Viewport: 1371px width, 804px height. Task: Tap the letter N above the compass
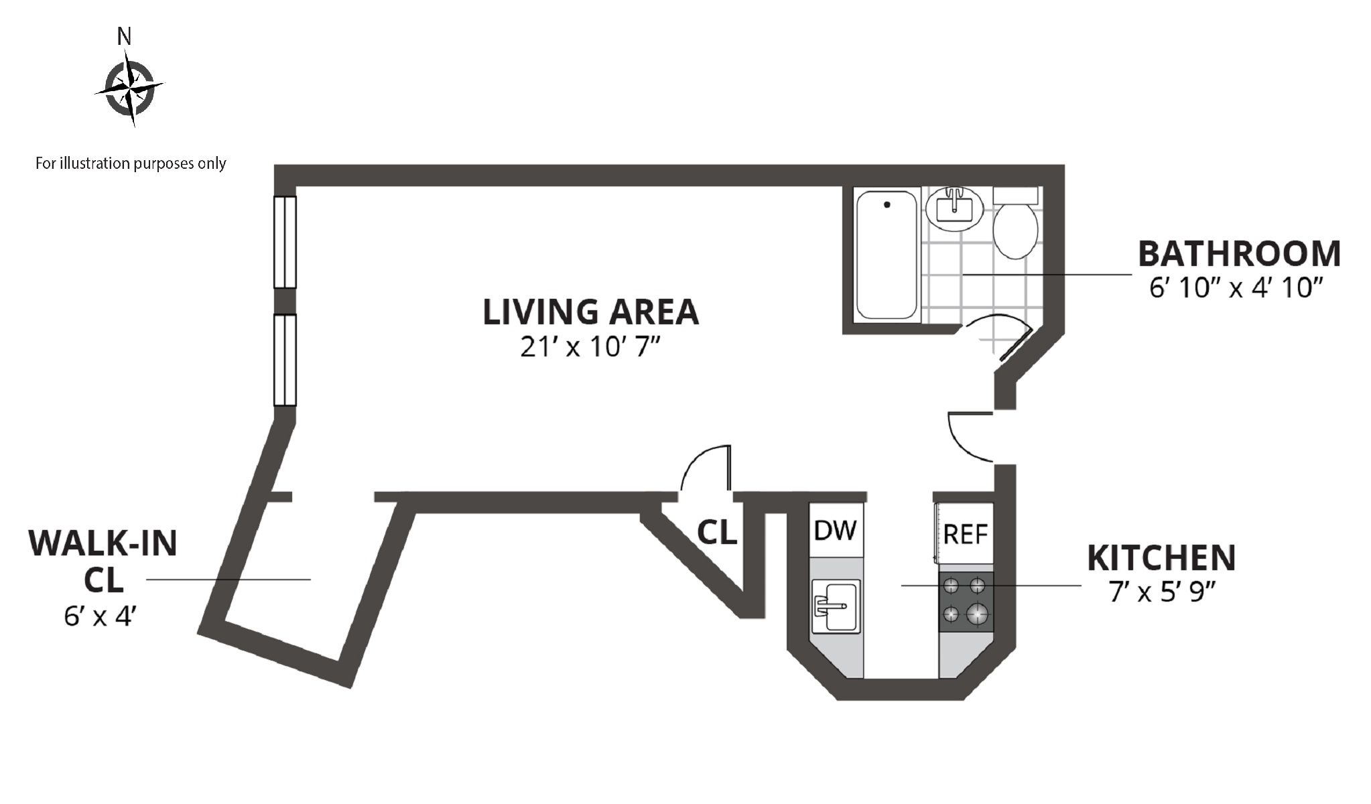(x=124, y=37)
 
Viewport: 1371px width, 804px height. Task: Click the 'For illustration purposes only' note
(x=131, y=163)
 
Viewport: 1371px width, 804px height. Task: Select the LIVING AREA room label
(x=591, y=312)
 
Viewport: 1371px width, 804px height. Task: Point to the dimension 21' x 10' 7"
(x=591, y=347)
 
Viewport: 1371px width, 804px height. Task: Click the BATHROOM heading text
(x=1240, y=253)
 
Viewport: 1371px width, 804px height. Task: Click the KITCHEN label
(x=1161, y=558)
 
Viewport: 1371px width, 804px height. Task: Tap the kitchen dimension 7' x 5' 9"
(x=1163, y=592)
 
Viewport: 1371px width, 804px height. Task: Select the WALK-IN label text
(x=103, y=543)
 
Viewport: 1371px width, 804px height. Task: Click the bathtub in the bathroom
(x=886, y=256)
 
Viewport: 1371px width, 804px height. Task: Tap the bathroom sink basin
(x=954, y=208)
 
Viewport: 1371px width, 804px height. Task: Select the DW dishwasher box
(x=835, y=530)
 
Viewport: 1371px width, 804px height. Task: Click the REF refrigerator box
(x=964, y=534)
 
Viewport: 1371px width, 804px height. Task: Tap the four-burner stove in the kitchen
(x=966, y=602)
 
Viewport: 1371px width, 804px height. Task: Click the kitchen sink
(x=835, y=606)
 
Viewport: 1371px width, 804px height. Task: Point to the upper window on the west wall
(x=285, y=242)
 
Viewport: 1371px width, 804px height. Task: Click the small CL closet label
(x=718, y=532)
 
